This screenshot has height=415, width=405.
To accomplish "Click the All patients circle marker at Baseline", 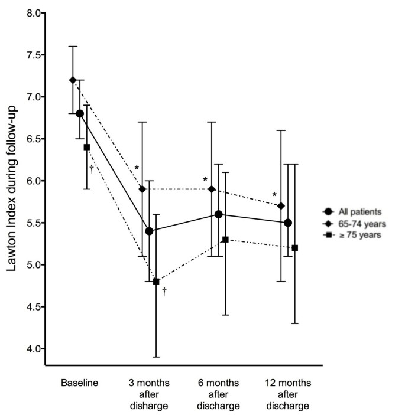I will (80, 113).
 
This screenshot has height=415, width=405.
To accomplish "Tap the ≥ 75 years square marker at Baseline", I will (87, 147).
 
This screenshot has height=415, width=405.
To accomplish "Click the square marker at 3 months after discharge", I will (156, 282).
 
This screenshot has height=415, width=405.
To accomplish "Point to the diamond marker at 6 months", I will (212, 189).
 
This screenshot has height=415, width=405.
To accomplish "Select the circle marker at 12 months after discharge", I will (288, 223).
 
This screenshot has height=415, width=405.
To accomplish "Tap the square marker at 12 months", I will (295, 248).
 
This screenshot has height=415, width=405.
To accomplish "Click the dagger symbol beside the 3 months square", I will (164, 291).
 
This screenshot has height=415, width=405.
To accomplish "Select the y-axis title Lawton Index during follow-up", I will (11, 181).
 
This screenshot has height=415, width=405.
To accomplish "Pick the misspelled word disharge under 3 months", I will (149, 407).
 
